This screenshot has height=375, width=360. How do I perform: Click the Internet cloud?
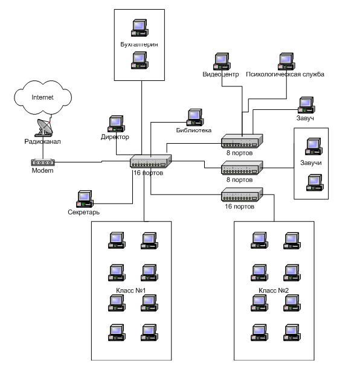point(43,97)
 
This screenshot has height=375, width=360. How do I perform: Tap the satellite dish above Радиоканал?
point(44,127)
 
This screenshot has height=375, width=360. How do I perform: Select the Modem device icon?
point(43,162)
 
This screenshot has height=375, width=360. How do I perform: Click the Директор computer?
point(116,124)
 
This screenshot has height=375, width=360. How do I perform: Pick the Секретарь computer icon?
point(85,199)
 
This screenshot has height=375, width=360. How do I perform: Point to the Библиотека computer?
point(195,117)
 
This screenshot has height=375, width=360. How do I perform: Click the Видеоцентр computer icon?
point(222,62)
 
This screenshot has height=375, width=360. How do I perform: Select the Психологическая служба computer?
point(286,62)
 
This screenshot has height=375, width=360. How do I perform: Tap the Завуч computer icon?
point(306,105)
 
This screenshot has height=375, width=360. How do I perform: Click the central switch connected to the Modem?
point(150,161)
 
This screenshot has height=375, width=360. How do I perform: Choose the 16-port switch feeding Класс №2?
point(242,194)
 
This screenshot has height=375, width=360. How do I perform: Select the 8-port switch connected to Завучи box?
point(242,167)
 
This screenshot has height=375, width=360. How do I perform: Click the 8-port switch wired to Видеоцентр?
point(242,141)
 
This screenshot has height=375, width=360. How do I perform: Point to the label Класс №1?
point(131,290)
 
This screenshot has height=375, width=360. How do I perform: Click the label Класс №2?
point(274,290)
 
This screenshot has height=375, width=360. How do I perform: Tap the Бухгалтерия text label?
point(139,45)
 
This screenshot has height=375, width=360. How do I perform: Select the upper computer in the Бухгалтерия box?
point(140,28)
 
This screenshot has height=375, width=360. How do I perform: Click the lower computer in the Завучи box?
point(315,182)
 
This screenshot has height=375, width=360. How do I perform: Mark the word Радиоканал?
point(42,141)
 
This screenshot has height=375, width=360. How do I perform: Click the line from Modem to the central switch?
point(92,162)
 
